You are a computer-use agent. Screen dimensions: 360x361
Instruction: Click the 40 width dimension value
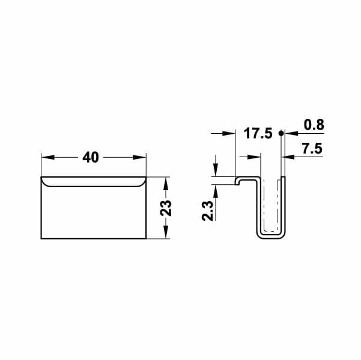pos(90,157)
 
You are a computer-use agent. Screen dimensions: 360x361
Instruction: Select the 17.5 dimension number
pos(259,133)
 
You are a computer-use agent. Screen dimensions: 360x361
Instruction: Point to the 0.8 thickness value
pos(314,125)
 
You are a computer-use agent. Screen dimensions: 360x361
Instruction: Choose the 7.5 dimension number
pos(312,149)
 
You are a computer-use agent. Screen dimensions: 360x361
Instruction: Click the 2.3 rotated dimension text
pos(207,211)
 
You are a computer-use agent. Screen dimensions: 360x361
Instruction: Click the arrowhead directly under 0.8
pos(287,133)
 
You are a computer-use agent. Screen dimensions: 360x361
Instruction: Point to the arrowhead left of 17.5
pos(229,133)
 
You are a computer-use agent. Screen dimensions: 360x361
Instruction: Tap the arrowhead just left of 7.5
pos(287,157)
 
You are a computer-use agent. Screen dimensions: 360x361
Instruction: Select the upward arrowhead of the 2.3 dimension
pos(214,187)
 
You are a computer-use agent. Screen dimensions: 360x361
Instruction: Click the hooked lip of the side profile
pos(239,179)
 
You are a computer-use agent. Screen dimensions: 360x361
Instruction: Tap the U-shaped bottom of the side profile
pos(271,235)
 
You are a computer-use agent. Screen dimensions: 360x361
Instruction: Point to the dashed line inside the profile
pos(276,204)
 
